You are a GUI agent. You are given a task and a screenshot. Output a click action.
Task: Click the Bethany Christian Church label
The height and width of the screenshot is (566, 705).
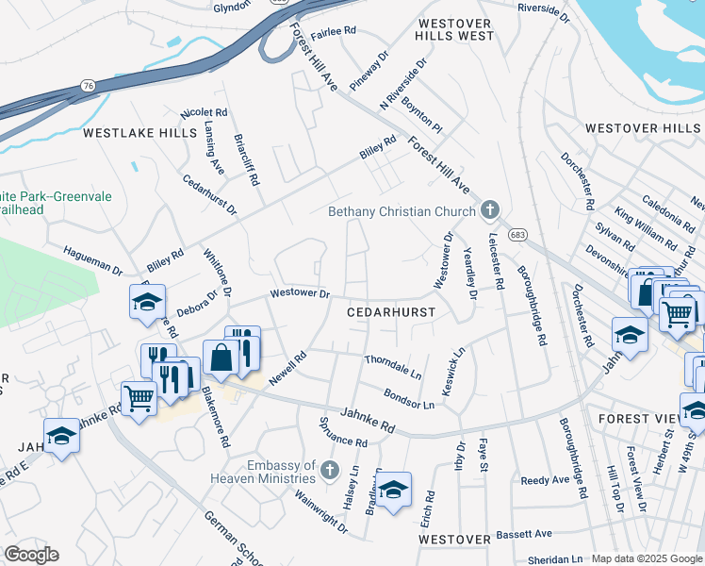pyautogui.click(x=402, y=211)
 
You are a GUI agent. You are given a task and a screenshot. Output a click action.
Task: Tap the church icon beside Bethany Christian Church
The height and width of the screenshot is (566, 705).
pyautogui.click(x=489, y=209)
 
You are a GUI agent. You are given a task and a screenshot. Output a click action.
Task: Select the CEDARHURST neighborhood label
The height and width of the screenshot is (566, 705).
pyautogui.click(x=391, y=311)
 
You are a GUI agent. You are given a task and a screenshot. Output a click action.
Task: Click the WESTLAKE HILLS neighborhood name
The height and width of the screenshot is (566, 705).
pyautogui.click(x=139, y=134)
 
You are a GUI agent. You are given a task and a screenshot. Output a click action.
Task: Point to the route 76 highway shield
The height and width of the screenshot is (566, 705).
pyautogui.click(x=89, y=86)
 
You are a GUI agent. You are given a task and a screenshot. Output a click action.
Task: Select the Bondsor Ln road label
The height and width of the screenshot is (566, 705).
pyautogui.click(x=409, y=398)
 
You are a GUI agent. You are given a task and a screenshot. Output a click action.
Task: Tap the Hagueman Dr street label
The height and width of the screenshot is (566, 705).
pyautogui.click(x=93, y=259)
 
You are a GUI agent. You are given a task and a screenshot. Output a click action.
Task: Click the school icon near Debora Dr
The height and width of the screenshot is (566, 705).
pyautogui.click(x=148, y=302)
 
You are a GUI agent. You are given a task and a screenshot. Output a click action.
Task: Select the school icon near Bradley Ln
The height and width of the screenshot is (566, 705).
pyautogui.click(x=394, y=490)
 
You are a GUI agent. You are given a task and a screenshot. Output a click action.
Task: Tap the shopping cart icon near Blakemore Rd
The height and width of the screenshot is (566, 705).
pyautogui.click(x=139, y=399)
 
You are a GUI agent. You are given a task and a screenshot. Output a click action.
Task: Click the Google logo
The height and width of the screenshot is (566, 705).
pyautogui.click(x=31, y=555)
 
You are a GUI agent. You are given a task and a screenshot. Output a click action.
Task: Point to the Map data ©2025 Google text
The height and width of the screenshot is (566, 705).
pyautogui.click(x=647, y=558)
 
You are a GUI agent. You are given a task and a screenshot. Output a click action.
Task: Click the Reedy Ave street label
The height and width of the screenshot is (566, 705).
pyautogui.click(x=546, y=480)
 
